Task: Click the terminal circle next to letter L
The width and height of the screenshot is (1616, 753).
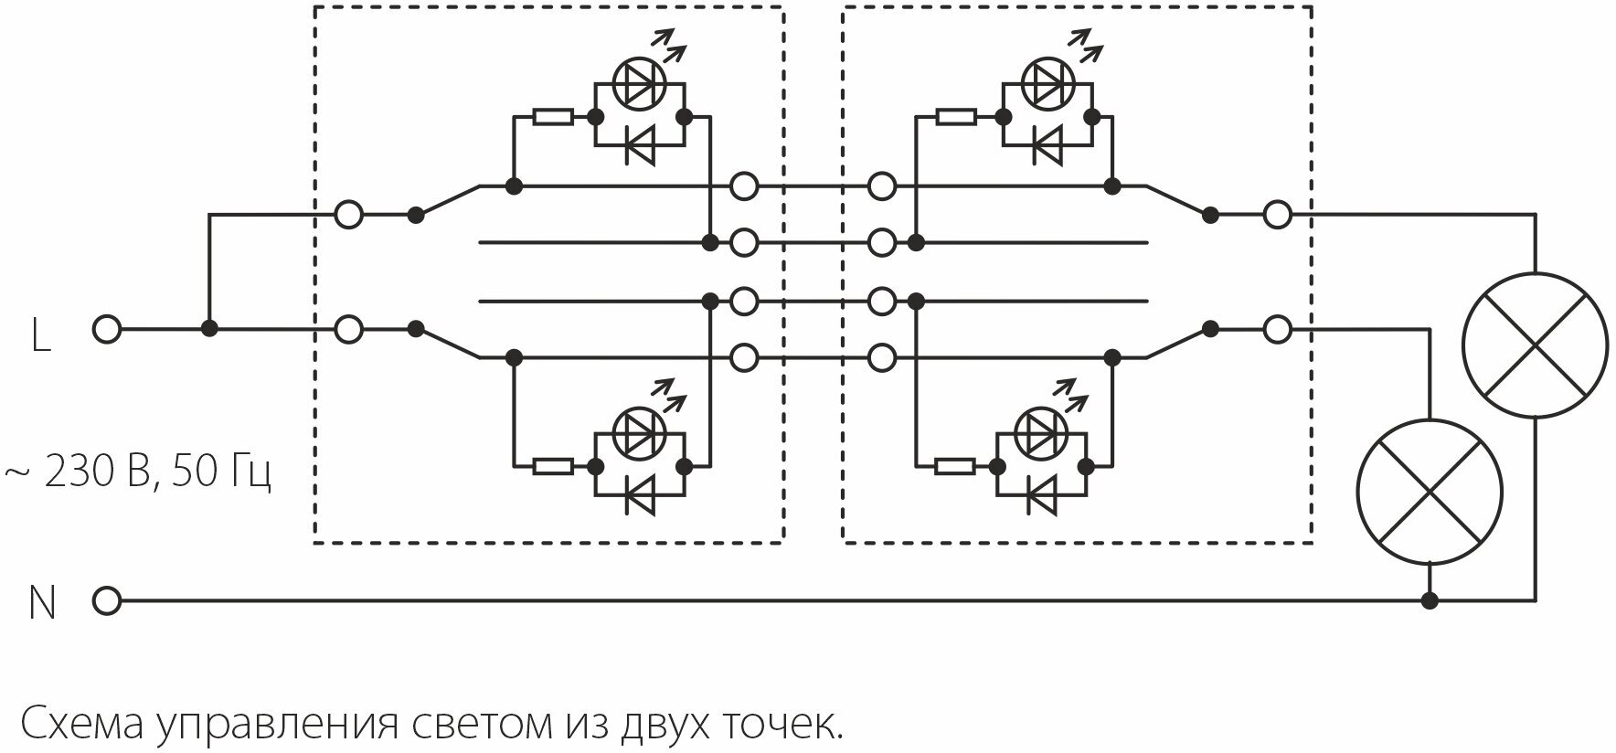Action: (107, 329)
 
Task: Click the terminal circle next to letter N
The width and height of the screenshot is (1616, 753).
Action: (107, 600)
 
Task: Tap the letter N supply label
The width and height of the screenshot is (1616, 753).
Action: (42, 603)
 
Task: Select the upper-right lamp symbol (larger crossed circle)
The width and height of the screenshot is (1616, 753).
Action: (1535, 345)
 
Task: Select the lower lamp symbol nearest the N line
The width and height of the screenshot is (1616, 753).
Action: (1429, 491)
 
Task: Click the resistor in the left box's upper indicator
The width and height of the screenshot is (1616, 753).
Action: (553, 117)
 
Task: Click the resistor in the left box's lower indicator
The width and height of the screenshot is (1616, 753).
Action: (553, 466)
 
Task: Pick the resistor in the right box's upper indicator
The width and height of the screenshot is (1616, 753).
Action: (956, 117)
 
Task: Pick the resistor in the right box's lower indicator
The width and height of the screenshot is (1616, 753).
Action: (956, 466)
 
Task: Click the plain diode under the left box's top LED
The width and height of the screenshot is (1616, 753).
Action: (639, 144)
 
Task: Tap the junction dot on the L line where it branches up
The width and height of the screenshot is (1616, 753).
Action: (209, 329)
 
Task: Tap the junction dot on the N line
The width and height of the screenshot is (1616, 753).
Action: (1430, 600)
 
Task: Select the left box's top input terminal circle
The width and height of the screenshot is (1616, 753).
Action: (348, 216)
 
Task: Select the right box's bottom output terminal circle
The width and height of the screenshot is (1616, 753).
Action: (1277, 329)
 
